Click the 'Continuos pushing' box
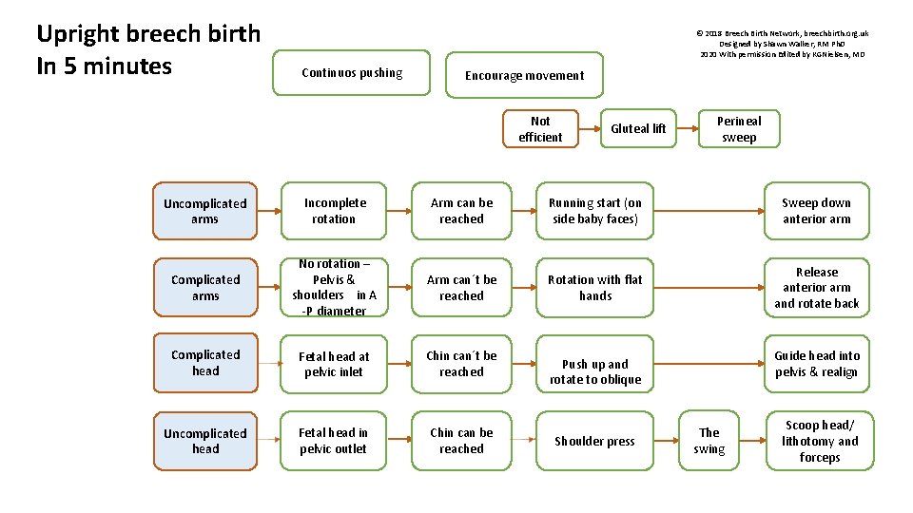click(352, 73)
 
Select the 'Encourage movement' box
click(524, 75)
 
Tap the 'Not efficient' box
click(540, 129)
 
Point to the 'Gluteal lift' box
click(638, 129)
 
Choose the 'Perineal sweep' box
click(739, 129)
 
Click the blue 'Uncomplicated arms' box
click(204, 211)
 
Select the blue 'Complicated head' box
click(204, 363)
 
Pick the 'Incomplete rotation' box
click(334, 211)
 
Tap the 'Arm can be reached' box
click(461, 211)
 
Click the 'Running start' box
click(594, 211)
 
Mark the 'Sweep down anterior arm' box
click(817, 211)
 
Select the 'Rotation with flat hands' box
click(594, 288)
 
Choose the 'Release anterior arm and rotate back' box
click(817, 288)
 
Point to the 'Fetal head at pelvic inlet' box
click(334, 364)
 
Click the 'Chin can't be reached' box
click(461, 364)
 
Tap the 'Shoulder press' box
click(594, 441)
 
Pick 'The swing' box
click(709, 441)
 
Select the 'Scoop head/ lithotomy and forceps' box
click(819, 441)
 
